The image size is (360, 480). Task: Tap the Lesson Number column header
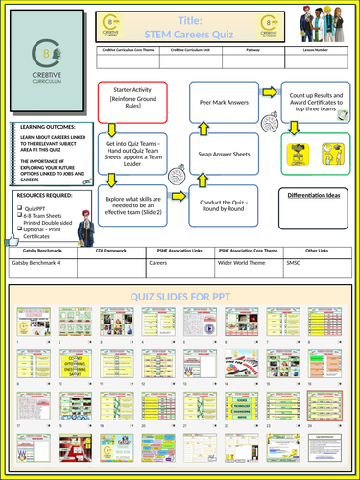(323, 57)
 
